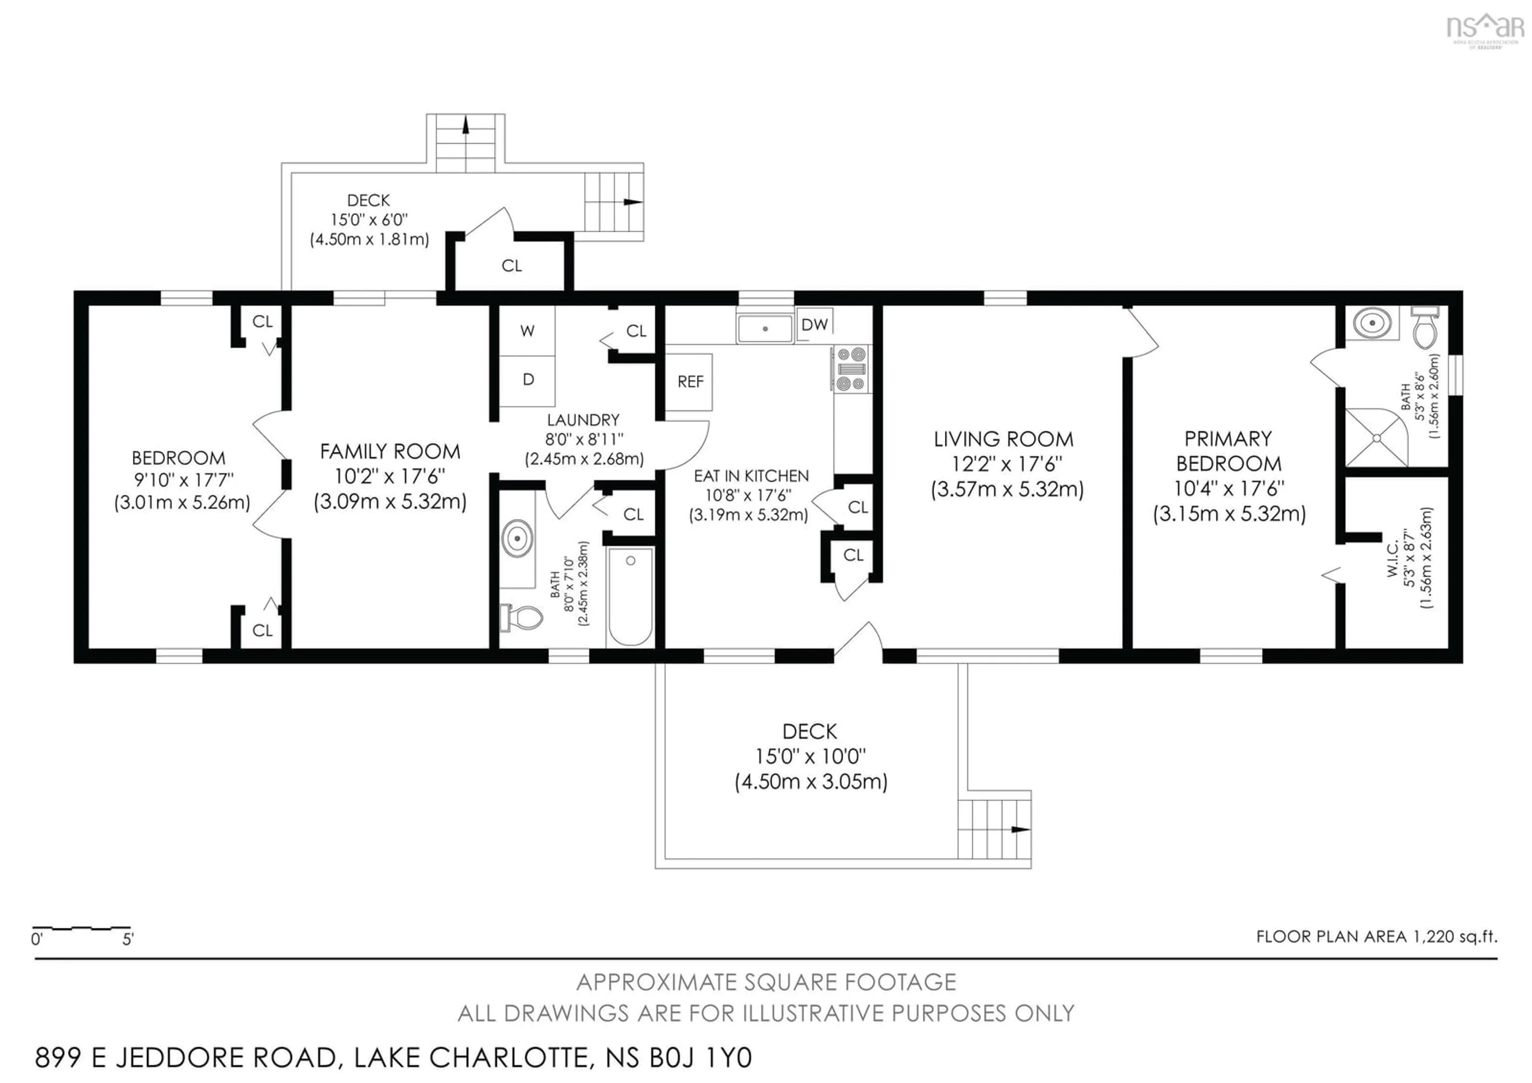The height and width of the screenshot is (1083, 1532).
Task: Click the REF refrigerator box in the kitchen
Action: [689, 382]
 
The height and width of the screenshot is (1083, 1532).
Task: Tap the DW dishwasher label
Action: [814, 324]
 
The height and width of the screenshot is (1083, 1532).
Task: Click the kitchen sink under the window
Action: [765, 328]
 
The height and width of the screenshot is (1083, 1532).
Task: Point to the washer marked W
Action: [527, 331]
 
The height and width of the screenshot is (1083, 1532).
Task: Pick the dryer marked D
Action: [528, 379]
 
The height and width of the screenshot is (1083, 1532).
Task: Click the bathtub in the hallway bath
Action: [630, 596]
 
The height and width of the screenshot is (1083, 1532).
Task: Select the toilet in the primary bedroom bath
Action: [1424, 328]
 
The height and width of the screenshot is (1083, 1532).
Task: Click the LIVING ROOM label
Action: [1003, 439]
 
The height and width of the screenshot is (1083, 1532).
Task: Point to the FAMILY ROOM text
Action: [390, 452]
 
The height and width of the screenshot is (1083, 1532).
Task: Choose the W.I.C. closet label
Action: [1392, 559]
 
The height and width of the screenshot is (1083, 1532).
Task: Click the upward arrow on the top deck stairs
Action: [466, 125]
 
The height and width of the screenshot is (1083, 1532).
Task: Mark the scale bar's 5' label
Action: [127, 939]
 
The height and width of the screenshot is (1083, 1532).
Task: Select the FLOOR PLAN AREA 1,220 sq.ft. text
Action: [1376, 936]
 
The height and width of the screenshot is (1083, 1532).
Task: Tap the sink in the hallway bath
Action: [517, 538]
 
